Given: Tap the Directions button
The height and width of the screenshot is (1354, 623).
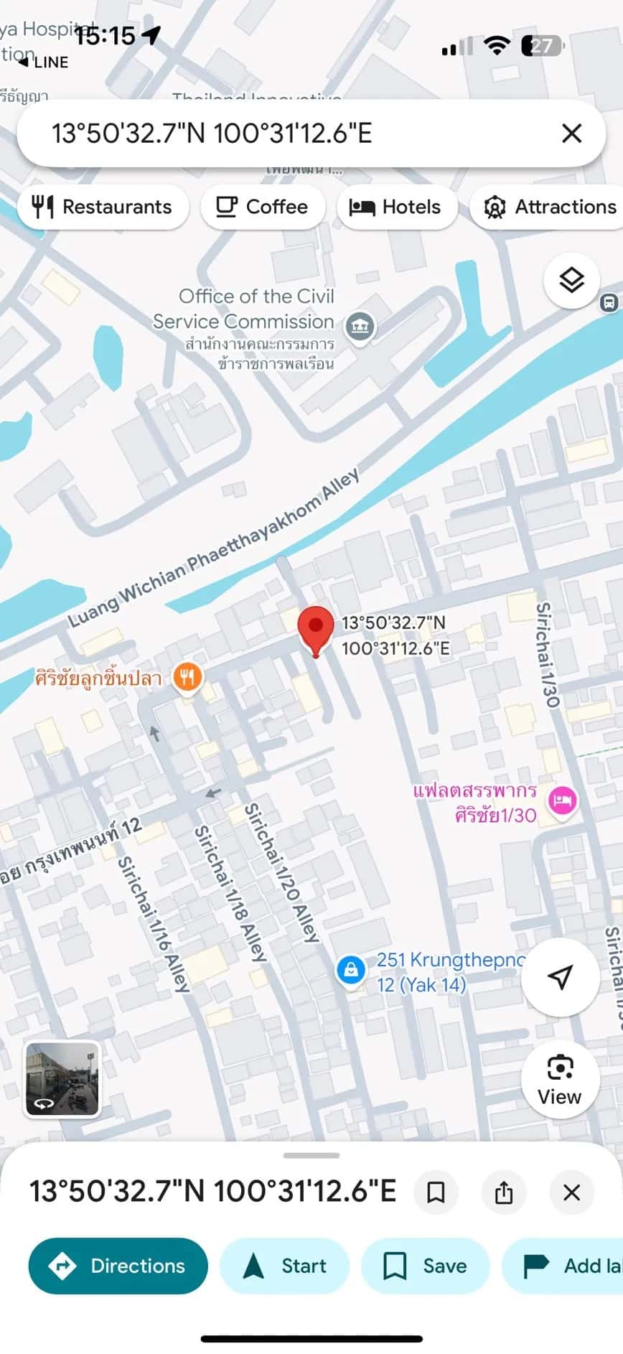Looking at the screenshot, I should click(118, 1266).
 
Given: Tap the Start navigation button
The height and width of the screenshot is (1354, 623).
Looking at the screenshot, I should click(284, 1266).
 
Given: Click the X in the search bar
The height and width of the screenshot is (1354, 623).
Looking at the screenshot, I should click(571, 134).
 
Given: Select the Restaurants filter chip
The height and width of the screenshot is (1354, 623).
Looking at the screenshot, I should click(103, 207).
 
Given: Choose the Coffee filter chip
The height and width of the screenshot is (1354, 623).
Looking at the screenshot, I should click(262, 207).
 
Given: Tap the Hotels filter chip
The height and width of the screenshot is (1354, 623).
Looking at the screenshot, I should click(395, 207).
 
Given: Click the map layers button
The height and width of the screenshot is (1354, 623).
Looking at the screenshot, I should click(571, 280).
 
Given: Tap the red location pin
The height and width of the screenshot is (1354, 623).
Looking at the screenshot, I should click(315, 627).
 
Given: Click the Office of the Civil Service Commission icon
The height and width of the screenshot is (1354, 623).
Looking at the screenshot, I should click(360, 326).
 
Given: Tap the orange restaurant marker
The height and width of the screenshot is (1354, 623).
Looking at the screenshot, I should click(187, 676).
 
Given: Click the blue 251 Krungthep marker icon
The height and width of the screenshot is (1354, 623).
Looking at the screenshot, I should click(351, 970).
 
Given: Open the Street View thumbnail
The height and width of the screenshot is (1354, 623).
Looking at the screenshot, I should click(62, 1079).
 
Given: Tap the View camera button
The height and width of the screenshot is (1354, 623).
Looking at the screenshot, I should click(560, 1079).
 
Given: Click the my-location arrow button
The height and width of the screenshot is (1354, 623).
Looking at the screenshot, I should click(560, 976).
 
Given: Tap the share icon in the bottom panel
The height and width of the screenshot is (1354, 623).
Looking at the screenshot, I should click(504, 1192).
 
